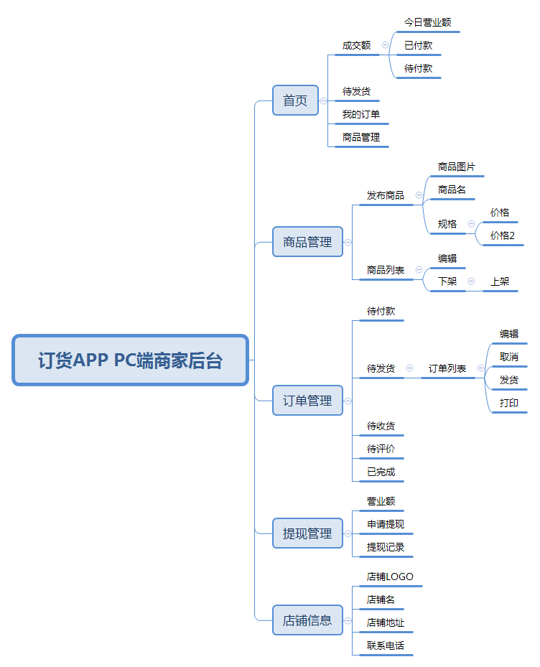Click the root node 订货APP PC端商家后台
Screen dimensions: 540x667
pyautogui.click(x=130, y=360)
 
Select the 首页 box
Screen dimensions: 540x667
pyautogui.click(x=295, y=101)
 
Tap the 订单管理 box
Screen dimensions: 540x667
pyautogui.click(x=307, y=401)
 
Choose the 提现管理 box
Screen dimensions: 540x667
pyautogui.click(x=307, y=533)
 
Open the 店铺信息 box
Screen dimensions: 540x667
pyautogui.click(x=307, y=620)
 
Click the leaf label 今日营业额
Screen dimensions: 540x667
pyautogui.click(x=427, y=22)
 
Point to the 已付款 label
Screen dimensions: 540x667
pyautogui.click(x=418, y=45)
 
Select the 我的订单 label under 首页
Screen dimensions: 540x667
pyautogui.click(x=361, y=114)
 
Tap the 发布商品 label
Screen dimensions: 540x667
pyautogui.click(x=385, y=195)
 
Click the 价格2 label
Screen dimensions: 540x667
pyautogui.click(x=502, y=235)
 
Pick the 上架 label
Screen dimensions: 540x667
pyautogui.click(x=500, y=281)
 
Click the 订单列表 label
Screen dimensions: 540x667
pyautogui.click(x=447, y=368)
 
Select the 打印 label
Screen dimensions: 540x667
pyautogui.click(x=509, y=403)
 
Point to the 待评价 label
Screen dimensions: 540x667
pyautogui.click(x=381, y=449)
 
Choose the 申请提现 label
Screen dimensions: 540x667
pyautogui.click(x=385, y=524)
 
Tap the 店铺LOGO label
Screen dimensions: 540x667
pyautogui.click(x=390, y=577)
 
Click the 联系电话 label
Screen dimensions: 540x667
pyautogui.click(x=385, y=645)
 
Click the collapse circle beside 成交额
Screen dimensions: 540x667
pyautogui.click(x=385, y=45)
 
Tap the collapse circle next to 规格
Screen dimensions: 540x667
pyautogui.click(x=471, y=224)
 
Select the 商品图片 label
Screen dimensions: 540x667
pyautogui.click(x=456, y=167)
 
